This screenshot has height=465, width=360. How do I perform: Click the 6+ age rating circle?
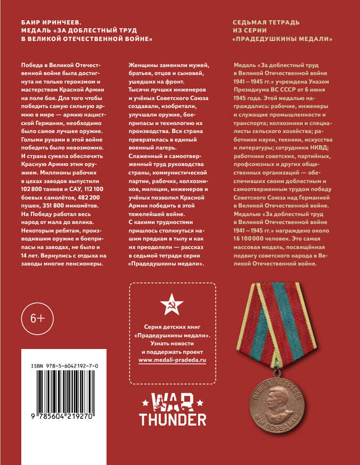(x=37, y=319)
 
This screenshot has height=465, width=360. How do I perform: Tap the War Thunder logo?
(x=173, y=409)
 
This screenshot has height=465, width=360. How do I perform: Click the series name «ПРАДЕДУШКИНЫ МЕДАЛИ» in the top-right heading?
(x=283, y=40)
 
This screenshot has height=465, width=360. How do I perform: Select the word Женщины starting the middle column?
(x=145, y=65)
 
